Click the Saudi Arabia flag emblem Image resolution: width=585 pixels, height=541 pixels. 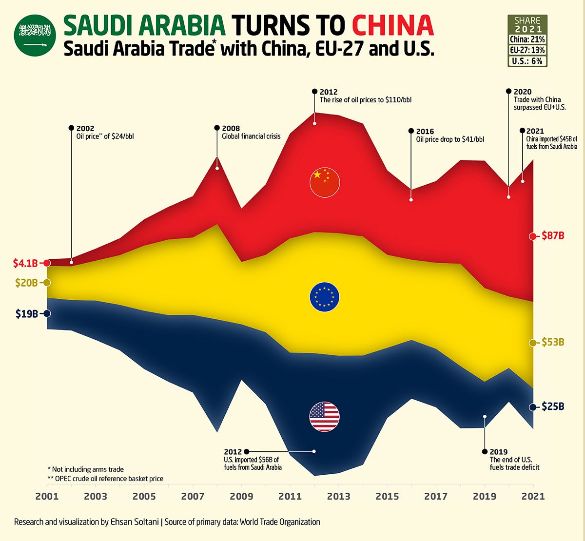click(x=35, y=35)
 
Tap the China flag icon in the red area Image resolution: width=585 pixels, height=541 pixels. click(x=325, y=182)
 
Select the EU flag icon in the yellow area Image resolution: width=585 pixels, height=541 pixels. click(x=325, y=297)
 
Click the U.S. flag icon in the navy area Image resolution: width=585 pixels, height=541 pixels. click(x=325, y=417)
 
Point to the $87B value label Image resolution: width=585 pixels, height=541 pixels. click(x=553, y=236)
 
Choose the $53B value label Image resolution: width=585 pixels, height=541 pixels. click(x=553, y=343)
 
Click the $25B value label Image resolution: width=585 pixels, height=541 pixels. click(x=553, y=406)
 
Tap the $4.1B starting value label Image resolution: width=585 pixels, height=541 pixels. click(x=25, y=263)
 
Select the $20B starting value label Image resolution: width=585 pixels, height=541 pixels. click(x=27, y=283)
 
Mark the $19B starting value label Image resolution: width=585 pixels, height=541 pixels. click(x=27, y=313)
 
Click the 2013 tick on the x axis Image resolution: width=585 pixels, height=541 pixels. click(x=338, y=497)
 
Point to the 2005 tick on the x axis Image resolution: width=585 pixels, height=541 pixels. click(x=144, y=497)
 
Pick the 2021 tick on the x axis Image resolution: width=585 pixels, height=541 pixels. click(x=533, y=497)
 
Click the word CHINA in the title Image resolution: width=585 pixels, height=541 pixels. click(x=392, y=25)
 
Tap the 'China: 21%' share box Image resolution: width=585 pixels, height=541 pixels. click(x=527, y=39)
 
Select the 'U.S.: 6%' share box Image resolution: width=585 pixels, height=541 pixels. click(x=527, y=61)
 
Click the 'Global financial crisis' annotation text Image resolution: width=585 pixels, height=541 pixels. click(x=251, y=136)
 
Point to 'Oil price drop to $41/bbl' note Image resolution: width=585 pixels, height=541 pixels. click(x=450, y=139)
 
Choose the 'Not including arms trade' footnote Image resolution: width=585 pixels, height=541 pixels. click(x=86, y=469)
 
